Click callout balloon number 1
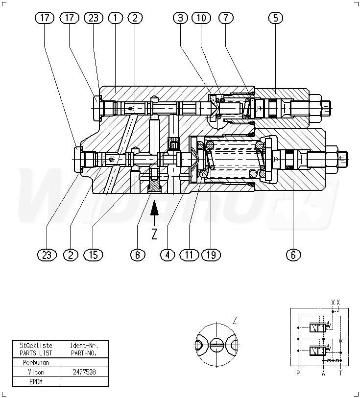[116, 18]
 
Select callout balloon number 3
[181, 18]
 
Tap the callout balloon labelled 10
[201, 18]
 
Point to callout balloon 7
[226, 18]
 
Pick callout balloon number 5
[276, 18]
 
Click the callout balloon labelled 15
[94, 255]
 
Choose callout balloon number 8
[138, 255]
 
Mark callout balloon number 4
[168, 255]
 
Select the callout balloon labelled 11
[189, 255]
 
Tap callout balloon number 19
[211, 255]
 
